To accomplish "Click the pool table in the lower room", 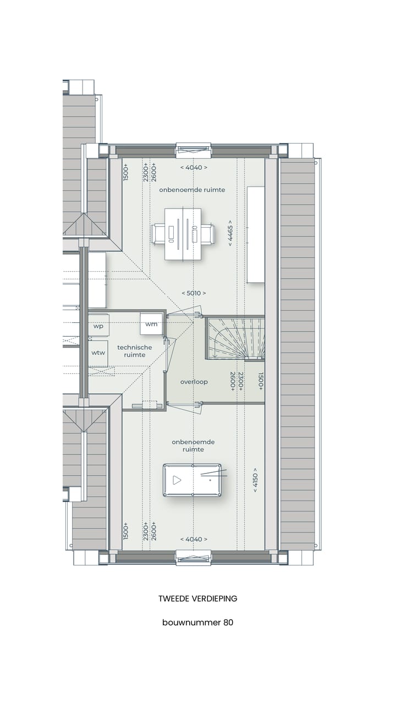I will point(193,480).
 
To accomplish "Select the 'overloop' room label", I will point(194,382).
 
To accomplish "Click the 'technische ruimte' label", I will point(134,351).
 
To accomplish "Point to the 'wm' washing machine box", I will point(151,324).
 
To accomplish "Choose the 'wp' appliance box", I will point(98,326).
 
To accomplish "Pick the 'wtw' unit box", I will point(98,353).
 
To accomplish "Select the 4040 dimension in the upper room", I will point(194,167).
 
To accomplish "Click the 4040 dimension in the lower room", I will point(194,539).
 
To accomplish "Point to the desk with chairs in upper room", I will point(184,234).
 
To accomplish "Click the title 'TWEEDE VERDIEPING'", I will point(198,598).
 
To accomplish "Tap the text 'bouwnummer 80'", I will point(198,623).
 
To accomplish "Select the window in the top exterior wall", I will point(193,150).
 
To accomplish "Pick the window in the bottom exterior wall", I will point(193,557).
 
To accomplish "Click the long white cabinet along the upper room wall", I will point(256,235).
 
